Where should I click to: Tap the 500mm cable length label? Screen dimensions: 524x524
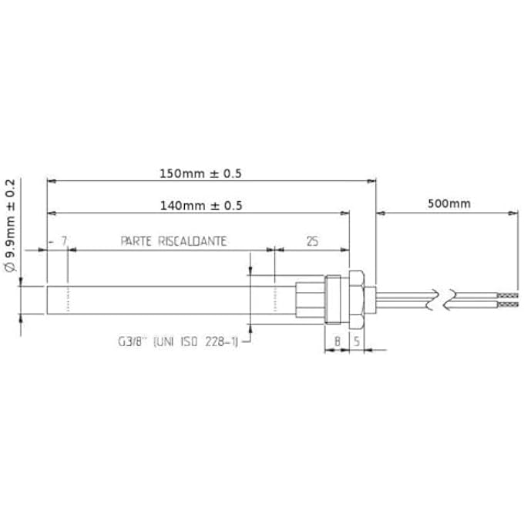click(x=448, y=204)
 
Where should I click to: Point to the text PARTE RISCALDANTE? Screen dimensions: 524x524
click(x=173, y=241)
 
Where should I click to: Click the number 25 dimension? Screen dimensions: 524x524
click(x=312, y=241)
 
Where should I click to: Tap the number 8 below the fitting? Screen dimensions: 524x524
click(x=337, y=340)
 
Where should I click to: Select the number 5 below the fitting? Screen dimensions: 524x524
click(x=357, y=340)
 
